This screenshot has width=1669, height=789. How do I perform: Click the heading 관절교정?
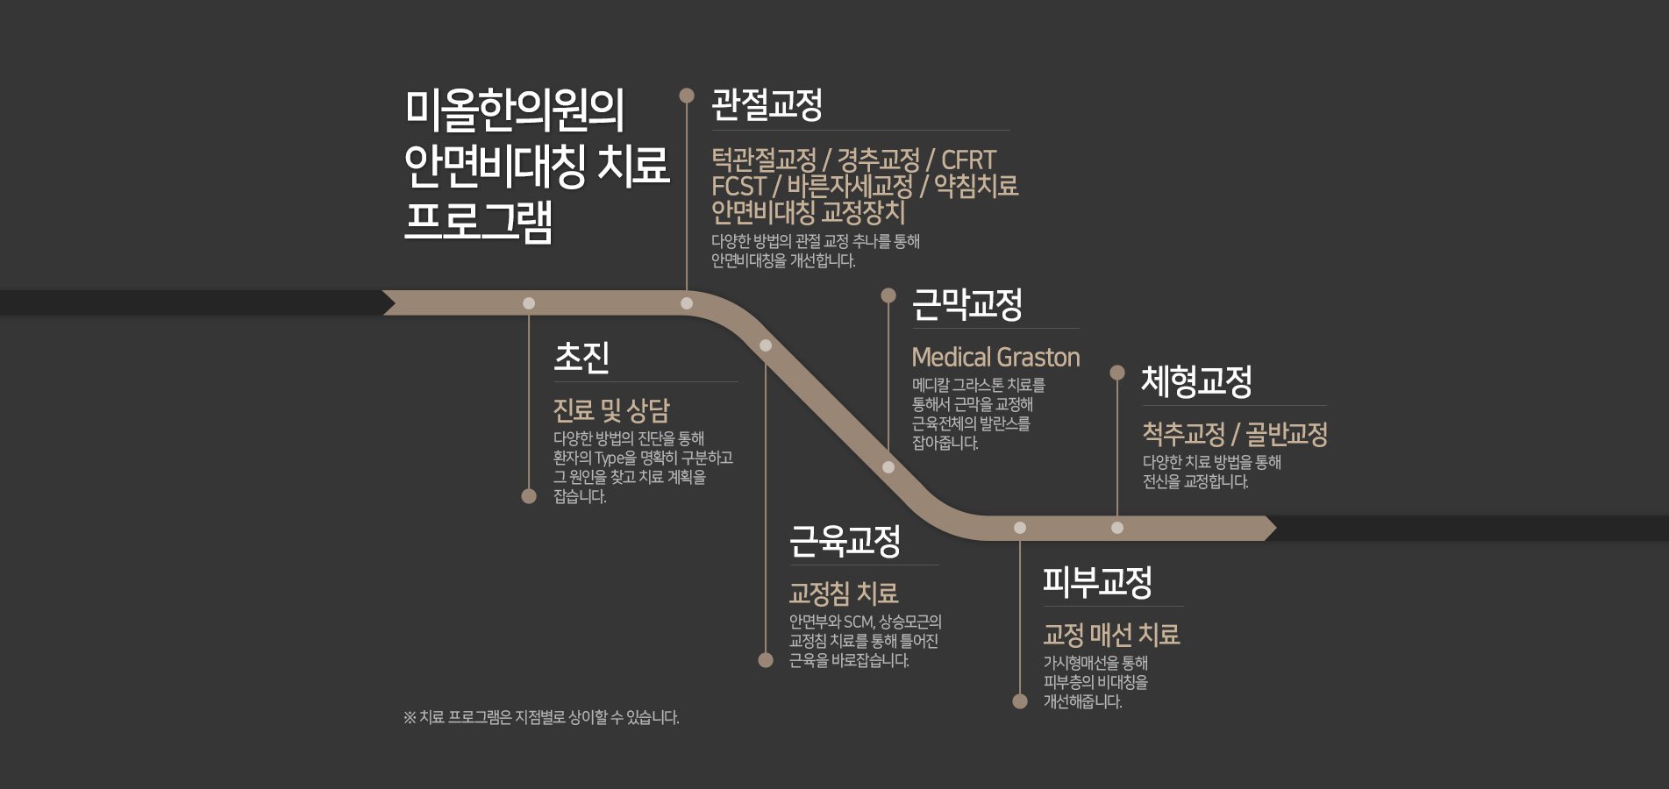pos(767,105)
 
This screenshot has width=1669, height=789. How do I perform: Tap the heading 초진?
pos(581,357)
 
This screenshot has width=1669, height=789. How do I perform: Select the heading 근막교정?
pos(967,304)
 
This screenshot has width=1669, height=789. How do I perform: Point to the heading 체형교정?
pos(1196,380)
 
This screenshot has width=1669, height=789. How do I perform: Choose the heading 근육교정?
pos(845,541)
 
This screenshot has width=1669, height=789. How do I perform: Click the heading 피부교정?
pos(1097,582)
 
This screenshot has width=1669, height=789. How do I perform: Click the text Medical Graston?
pos(995,357)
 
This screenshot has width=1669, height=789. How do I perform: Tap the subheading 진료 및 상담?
pos(611,409)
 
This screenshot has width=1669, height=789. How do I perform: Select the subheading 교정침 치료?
pos(844,594)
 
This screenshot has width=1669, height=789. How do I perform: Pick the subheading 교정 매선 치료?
pos(1111,634)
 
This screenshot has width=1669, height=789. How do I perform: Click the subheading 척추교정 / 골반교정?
pos(1235,433)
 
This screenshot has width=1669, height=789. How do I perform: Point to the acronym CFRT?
pos(968,160)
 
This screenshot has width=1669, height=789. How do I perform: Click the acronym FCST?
pos(738,187)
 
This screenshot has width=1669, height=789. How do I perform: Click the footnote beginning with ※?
pos(541,717)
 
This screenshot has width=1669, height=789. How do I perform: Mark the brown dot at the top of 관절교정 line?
pos(687,96)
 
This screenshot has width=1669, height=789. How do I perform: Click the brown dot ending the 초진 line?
pos(529,496)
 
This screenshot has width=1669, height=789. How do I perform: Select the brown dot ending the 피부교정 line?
pos(1020,701)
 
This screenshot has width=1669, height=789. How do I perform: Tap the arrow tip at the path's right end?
pos(1276,528)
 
